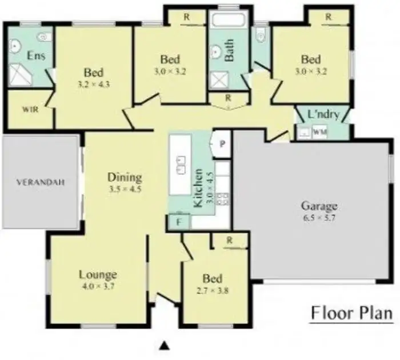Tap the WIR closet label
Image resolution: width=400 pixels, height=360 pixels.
30,110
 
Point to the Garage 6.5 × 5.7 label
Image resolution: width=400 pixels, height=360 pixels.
319,211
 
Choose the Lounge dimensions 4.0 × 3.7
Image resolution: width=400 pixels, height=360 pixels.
98,287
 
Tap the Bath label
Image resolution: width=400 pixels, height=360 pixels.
229,50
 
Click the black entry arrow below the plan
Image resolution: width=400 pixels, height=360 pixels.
165,345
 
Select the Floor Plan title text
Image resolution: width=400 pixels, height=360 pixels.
351,313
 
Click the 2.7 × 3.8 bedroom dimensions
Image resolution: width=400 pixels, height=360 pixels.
213,290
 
